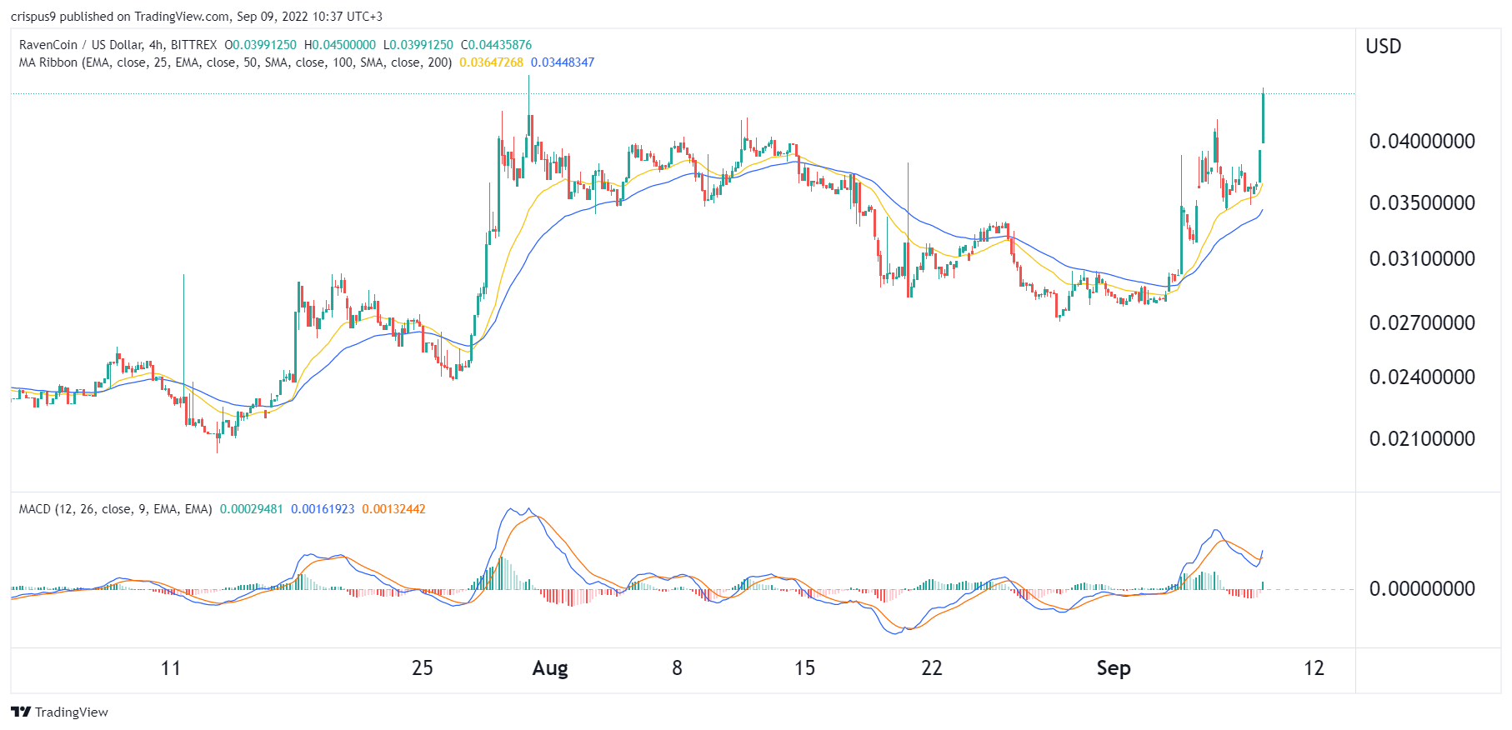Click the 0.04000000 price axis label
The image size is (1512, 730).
[1422, 142]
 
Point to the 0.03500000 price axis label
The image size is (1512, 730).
[1422, 203]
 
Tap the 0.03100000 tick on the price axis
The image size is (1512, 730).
[1422, 259]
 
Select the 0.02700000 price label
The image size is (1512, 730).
[1422, 323]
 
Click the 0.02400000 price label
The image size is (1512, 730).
[1422, 377]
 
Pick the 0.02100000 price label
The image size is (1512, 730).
[1422, 439]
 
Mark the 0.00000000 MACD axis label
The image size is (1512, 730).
[1422, 589]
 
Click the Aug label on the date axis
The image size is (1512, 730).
[550, 668]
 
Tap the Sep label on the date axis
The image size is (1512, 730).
[1114, 668]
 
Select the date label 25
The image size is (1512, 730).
[423, 668]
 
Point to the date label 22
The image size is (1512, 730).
[932, 668]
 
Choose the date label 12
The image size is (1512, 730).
[1314, 668]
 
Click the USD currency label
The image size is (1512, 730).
[1384, 47]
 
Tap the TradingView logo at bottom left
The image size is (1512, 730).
[60, 712]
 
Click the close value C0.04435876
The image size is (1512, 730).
[496, 45]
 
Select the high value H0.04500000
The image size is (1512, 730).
[340, 45]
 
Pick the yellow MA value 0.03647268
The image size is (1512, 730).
[492, 62]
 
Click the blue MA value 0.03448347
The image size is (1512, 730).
[563, 62]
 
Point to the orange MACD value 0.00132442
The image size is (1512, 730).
[393, 509]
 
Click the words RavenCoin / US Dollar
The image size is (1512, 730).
[80, 45]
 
